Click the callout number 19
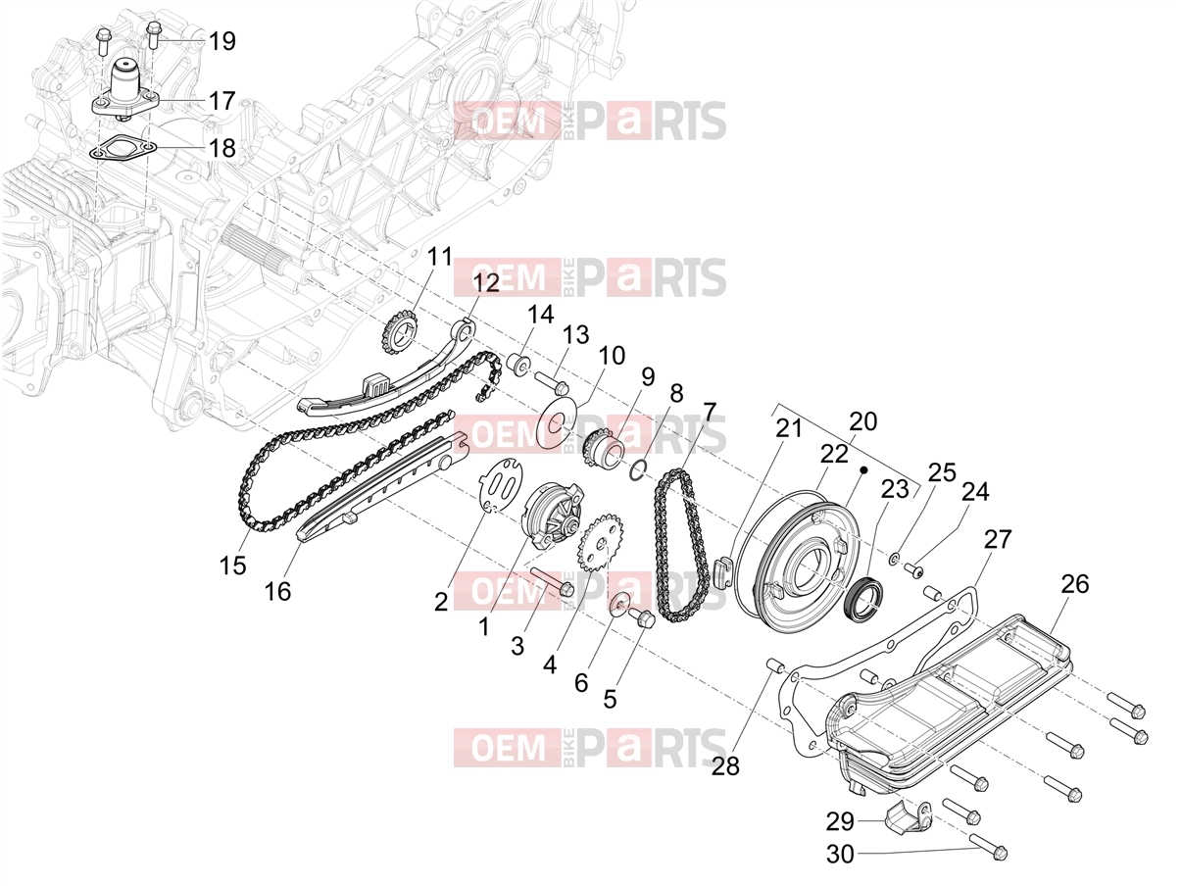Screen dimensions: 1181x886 (222, 41)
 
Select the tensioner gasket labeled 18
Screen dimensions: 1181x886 (123, 147)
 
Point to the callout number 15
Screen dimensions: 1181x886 (233, 566)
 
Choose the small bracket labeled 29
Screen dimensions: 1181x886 (910, 815)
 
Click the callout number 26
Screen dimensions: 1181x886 (1075, 584)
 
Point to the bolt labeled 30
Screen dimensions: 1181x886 (988, 845)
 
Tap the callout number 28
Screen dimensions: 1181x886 (725, 766)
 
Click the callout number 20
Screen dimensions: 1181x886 (863, 421)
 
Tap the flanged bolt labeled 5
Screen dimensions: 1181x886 (641, 618)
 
